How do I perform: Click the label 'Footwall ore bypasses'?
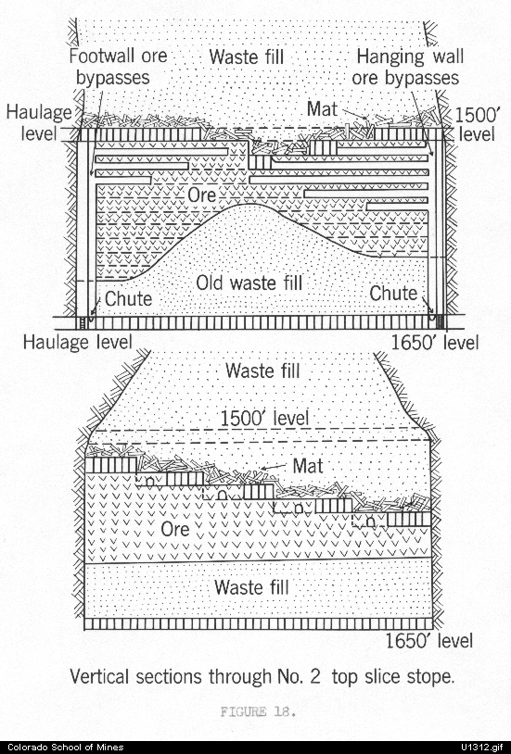tap(118, 67)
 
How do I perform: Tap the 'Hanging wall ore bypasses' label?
tap(407, 67)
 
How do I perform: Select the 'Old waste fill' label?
tap(249, 283)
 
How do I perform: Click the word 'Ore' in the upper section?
tap(202, 195)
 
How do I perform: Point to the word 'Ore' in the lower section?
tap(175, 529)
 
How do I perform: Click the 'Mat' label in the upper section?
tap(322, 108)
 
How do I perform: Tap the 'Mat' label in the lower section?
tap(308, 466)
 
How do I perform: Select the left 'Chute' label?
tap(128, 298)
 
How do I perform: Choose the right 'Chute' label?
tap(393, 293)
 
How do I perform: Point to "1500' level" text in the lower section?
tap(264, 418)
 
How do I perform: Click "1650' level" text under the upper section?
tap(434, 343)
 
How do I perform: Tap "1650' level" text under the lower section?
tap(429, 640)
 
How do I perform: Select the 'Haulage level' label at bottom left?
tap(78, 342)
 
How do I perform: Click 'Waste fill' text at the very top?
tap(246, 57)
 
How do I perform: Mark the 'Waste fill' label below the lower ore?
tap(251, 586)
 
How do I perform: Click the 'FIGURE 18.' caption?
tap(258, 711)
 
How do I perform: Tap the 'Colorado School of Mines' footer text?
tap(66, 748)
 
